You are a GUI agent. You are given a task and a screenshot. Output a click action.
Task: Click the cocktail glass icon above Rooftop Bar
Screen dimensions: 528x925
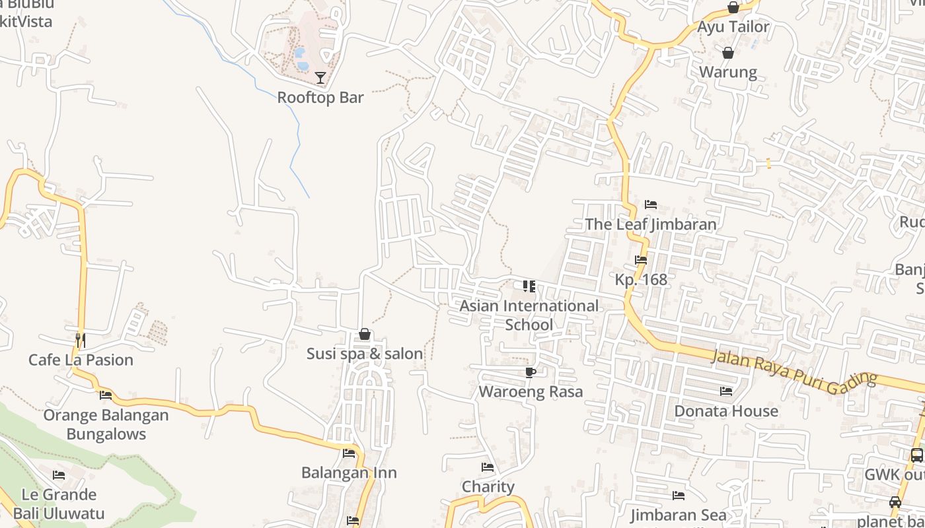click(320, 78)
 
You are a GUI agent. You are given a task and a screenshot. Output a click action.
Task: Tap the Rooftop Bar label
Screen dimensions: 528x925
click(320, 97)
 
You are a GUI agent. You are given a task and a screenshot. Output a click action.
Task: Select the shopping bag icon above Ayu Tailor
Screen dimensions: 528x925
click(733, 7)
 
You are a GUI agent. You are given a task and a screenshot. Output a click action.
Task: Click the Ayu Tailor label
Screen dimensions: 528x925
click(733, 27)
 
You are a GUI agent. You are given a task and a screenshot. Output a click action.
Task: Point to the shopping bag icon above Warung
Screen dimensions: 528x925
click(728, 52)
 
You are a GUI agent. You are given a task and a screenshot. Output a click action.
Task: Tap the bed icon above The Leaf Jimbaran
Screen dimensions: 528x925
click(651, 205)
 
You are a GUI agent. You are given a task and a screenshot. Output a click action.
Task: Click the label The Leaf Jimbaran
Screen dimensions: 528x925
click(651, 224)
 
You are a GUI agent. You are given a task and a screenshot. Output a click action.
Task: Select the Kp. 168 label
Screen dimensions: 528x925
click(641, 279)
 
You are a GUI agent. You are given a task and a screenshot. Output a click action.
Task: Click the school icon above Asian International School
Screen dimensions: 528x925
click(529, 286)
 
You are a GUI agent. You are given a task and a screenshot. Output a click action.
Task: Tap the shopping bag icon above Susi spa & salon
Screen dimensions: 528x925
click(364, 335)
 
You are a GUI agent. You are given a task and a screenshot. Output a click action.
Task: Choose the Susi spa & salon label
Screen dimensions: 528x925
click(365, 354)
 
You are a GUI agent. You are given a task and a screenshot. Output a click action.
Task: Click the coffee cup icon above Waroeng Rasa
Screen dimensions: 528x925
click(530, 372)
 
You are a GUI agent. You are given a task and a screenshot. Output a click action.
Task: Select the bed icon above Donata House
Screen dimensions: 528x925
click(726, 391)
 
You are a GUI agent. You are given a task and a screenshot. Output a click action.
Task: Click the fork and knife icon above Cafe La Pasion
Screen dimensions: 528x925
click(81, 341)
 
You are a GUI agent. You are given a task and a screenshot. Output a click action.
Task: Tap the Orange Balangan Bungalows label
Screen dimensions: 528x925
click(106, 424)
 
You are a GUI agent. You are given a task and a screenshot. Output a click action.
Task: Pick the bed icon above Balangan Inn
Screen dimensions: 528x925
click(349, 453)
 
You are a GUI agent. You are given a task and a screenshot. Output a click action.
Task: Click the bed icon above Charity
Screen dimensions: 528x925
click(488, 467)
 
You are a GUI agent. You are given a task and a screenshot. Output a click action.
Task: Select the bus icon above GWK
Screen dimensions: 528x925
click(916, 455)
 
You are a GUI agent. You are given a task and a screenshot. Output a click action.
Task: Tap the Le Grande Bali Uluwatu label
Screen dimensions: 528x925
click(59, 504)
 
